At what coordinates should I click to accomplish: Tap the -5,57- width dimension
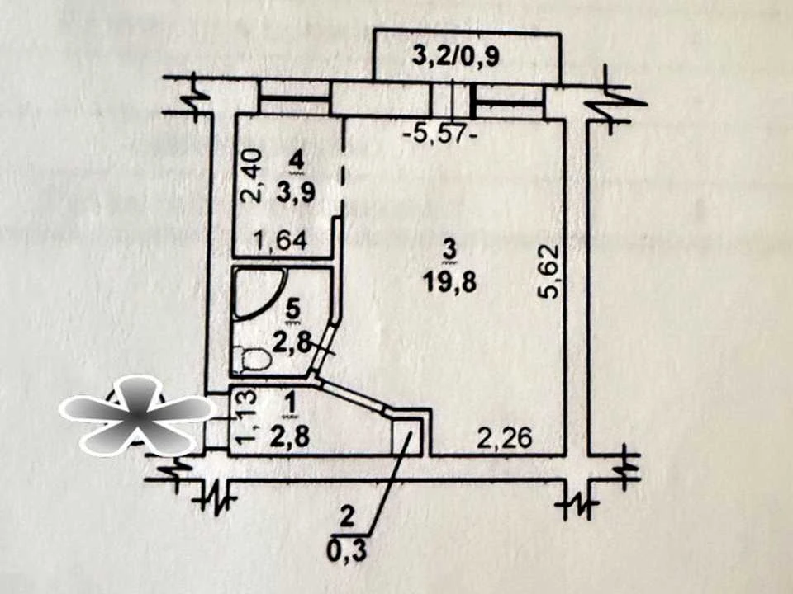(x=440, y=134)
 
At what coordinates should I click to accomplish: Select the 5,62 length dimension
(x=548, y=271)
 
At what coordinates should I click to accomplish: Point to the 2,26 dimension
(x=505, y=438)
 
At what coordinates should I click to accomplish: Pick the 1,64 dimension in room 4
(x=281, y=241)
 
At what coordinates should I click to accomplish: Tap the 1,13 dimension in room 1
(x=247, y=417)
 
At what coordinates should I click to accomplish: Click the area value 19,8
(x=450, y=283)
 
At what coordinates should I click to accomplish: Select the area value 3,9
(x=296, y=192)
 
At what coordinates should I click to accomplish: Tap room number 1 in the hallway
(x=290, y=405)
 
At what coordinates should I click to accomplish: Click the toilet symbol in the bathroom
(x=251, y=359)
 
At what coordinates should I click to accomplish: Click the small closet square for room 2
(x=406, y=436)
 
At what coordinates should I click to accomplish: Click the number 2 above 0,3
(x=347, y=519)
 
